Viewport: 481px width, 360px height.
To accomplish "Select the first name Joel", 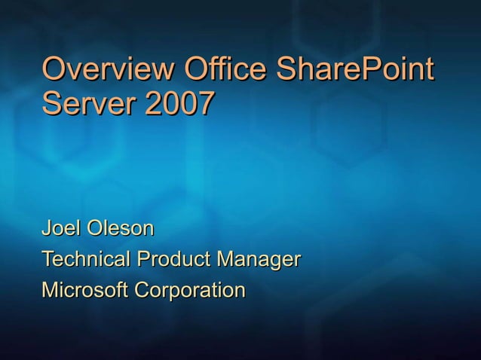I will (x=61, y=227).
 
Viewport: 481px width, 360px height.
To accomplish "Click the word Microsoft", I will (x=84, y=290).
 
